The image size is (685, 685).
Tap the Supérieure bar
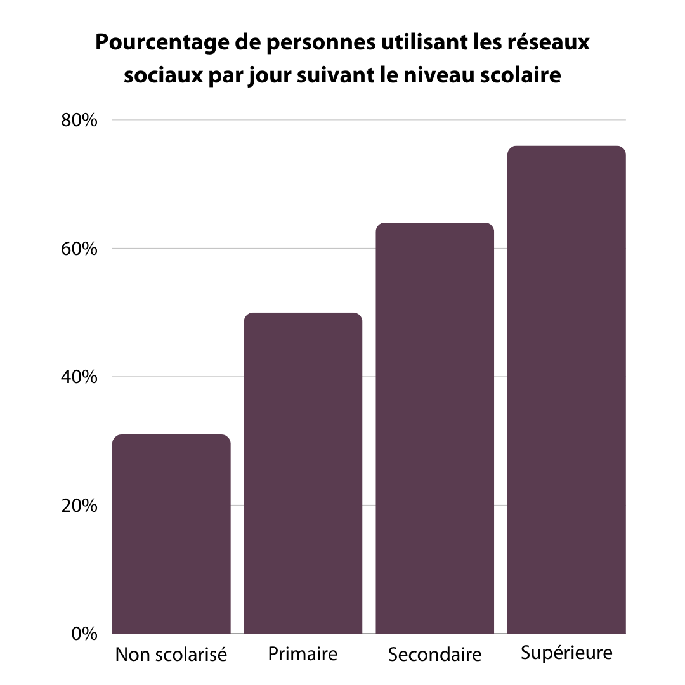pos(566,389)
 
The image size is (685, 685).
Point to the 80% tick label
pos(79,121)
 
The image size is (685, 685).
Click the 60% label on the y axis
pos(79,249)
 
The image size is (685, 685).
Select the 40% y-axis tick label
pos(79,377)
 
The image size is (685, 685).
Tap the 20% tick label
pos(79,506)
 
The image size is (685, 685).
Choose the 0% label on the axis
pos(84,634)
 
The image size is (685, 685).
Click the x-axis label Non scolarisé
pos(171,654)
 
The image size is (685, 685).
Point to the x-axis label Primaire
pos(303,653)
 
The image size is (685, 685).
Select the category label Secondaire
pos(434,654)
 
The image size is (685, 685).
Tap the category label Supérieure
pos(566,653)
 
